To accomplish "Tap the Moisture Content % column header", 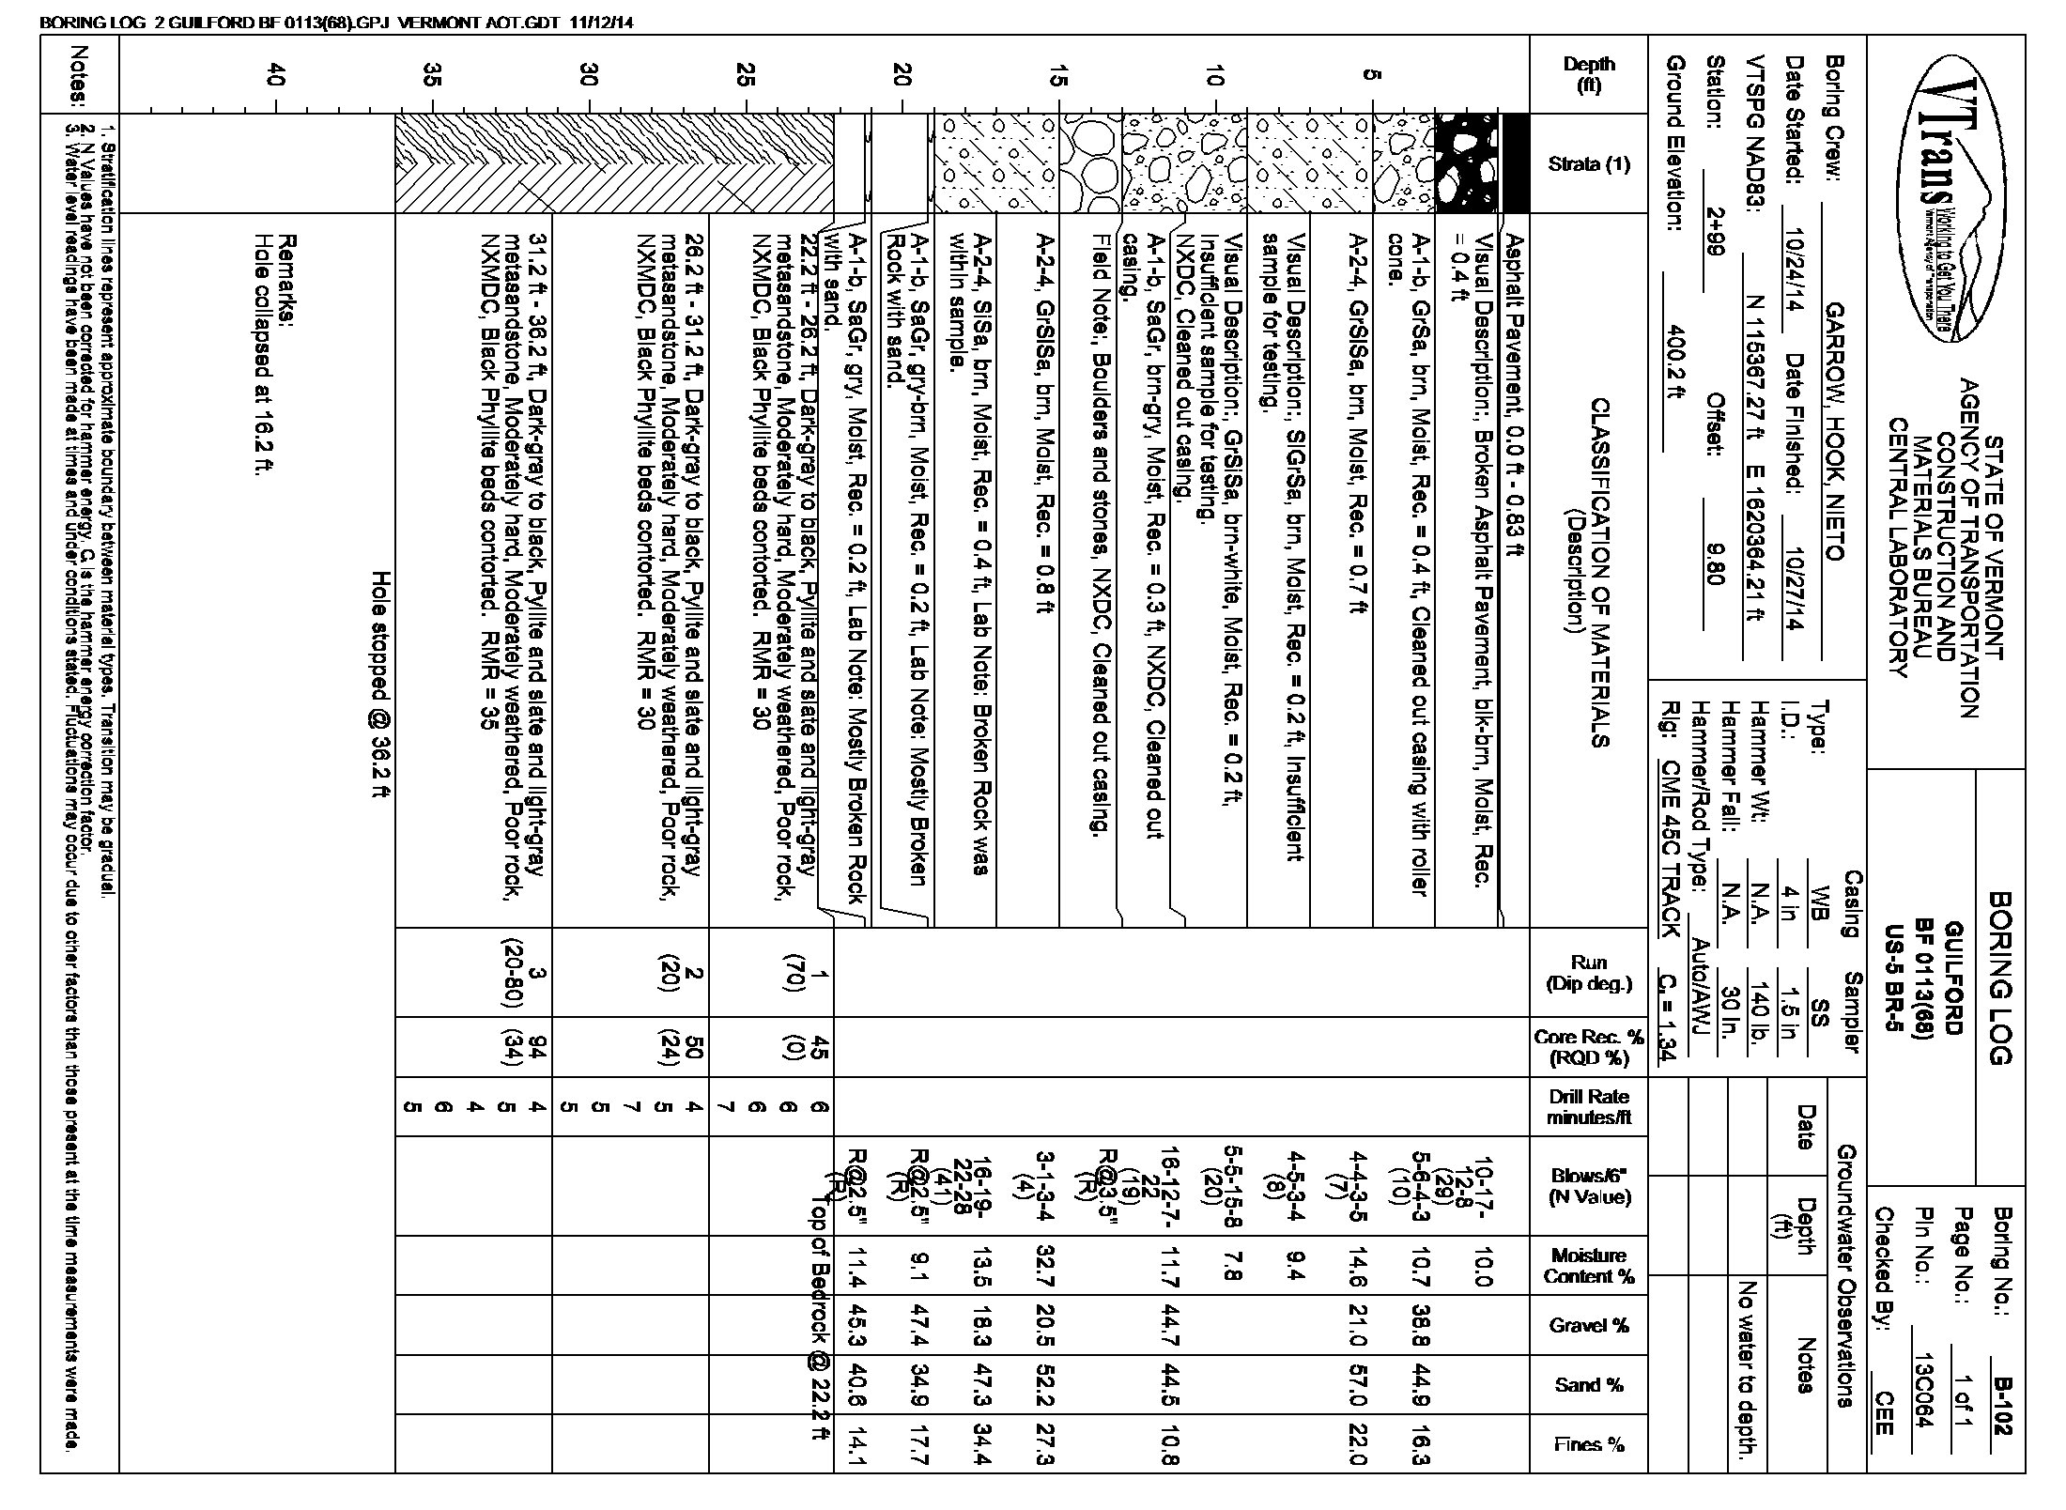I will (1589, 1265).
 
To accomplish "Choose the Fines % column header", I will (1589, 1444).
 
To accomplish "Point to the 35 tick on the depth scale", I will (431, 75).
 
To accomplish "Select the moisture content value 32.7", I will (1045, 1265).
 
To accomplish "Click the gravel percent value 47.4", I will (919, 1324).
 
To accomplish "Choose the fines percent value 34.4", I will (982, 1444).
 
